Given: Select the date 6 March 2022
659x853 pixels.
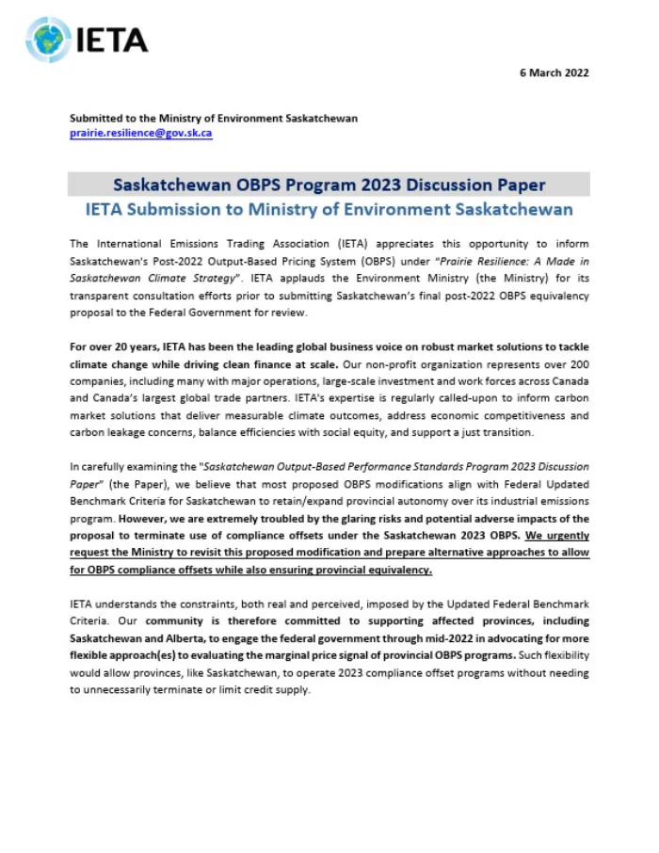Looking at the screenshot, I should coord(555,72).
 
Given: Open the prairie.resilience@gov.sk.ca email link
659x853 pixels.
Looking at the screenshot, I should coord(140,134).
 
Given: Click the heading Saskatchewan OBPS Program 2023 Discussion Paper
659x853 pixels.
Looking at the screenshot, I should coord(329,185).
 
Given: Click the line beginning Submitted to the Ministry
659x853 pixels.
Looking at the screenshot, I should coord(214,119).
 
